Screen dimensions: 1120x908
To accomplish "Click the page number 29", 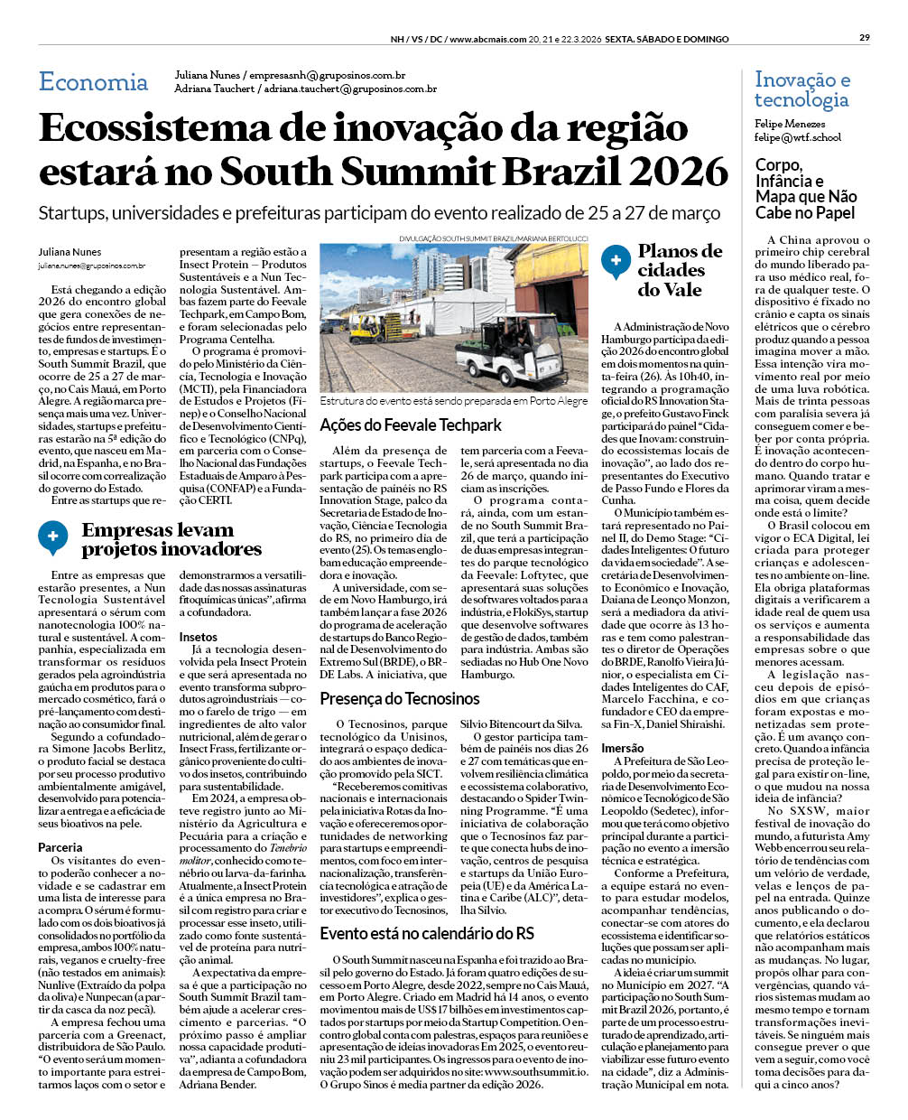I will tap(864, 38).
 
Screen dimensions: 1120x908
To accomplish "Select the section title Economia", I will tap(93, 82).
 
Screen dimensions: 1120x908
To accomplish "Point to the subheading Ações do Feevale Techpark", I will tap(411, 425).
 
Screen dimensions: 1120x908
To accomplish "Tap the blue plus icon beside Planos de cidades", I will tap(616, 260).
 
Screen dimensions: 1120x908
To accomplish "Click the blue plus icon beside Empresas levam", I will tap(52, 537).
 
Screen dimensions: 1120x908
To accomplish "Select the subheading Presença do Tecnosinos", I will tap(400, 698).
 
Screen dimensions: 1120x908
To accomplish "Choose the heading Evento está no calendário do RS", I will tap(426, 933).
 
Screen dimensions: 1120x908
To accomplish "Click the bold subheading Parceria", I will tap(60, 847).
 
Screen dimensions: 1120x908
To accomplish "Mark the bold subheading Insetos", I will tap(198, 637).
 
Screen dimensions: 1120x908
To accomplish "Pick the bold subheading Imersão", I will tap(623, 748).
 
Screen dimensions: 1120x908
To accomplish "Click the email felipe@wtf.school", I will tap(798, 138).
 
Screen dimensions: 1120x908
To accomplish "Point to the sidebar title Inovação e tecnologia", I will tap(801, 89).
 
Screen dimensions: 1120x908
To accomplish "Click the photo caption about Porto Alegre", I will tap(453, 400).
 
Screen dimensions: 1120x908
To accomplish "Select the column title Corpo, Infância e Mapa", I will tap(806, 189).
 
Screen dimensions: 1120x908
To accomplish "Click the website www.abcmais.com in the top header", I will tap(487, 39).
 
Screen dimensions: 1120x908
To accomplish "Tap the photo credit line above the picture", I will tap(493, 238).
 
